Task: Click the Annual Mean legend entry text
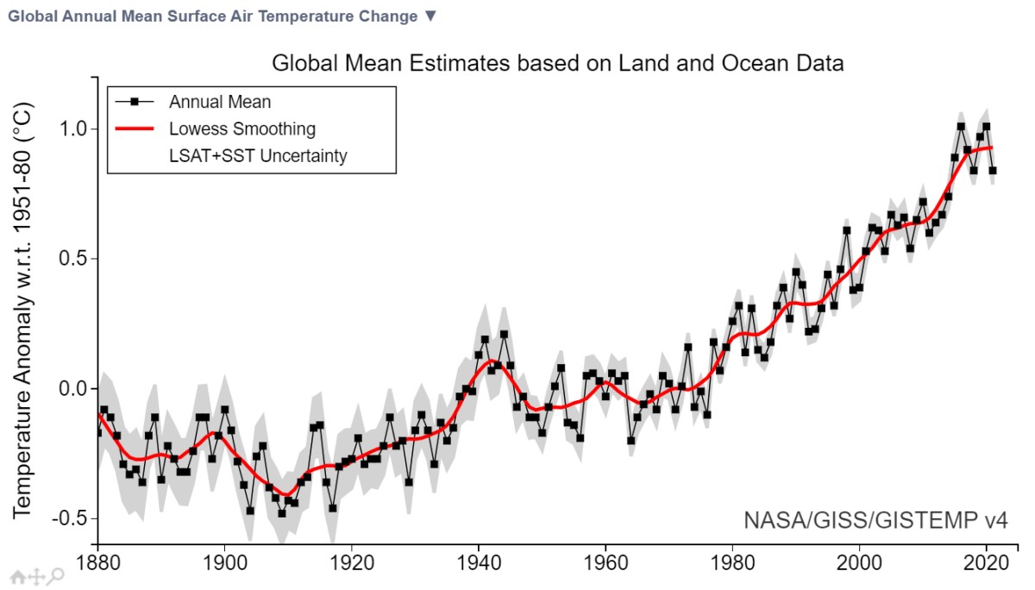point(220,102)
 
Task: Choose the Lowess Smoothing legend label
point(242,129)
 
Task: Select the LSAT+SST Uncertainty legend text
point(258,156)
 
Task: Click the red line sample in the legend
point(134,129)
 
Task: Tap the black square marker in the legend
point(134,102)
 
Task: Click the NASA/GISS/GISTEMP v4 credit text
point(875,520)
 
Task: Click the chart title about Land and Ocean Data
point(557,63)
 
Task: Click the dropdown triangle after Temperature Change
point(431,16)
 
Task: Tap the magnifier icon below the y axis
point(56,576)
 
